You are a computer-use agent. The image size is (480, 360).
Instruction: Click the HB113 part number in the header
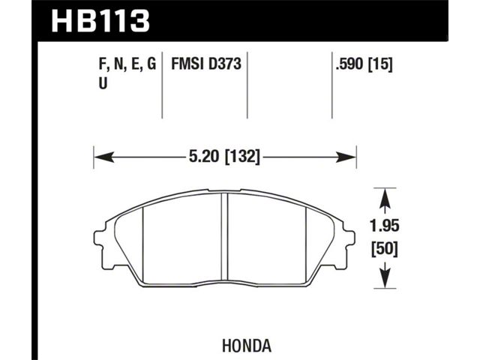pos(100,20)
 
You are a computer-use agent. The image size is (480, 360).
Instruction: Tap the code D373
pos(225,64)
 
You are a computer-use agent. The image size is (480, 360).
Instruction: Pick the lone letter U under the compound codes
pos(103,83)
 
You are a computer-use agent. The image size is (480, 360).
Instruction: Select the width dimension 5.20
pos(204,157)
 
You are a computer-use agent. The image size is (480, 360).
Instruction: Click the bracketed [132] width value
pos(242,157)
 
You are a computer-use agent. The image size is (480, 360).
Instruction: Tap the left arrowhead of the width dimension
pos(104,157)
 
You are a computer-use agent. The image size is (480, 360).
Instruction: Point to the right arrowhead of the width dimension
pos(346,157)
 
